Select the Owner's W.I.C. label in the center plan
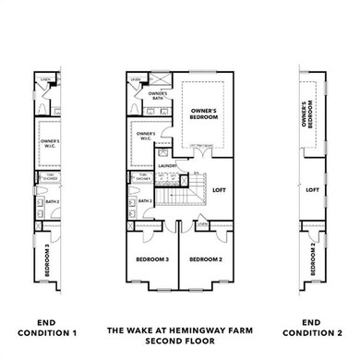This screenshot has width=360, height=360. [145, 138]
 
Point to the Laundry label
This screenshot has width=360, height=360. [167, 166]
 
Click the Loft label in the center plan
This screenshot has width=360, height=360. [219, 190]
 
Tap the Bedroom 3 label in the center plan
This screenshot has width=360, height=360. [152, 260]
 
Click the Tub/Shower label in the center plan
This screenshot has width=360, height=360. [143, 177]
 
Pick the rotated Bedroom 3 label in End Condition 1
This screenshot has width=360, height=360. [46, 259]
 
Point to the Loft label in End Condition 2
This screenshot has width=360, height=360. [312, 190]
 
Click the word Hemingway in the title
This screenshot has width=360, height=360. [195, 328]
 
